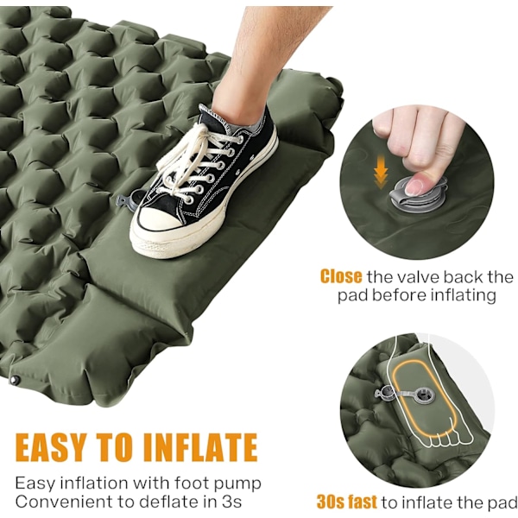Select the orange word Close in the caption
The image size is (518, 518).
click(341, 276)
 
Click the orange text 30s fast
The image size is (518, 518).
click(346, 502)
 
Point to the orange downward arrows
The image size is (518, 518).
click(381, 174)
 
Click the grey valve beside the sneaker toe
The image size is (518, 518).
click(127, 201)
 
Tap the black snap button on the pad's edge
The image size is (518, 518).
click(15, 380)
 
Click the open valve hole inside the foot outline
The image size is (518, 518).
click(422, 395)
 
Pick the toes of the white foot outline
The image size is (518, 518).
click(451, 438)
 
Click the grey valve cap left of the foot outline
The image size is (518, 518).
click(384, 392)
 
